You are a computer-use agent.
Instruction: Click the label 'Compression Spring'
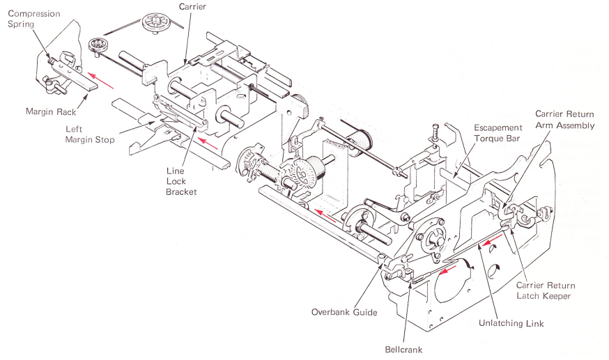33,19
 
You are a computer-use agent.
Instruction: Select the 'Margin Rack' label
51,110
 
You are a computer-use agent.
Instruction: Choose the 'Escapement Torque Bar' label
498,133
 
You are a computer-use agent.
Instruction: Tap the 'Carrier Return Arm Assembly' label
564,119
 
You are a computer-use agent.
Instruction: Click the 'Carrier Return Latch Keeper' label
546,291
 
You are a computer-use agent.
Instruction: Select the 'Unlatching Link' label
511,323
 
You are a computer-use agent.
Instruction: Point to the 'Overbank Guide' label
344,312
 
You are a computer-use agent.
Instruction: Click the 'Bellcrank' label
404,350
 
